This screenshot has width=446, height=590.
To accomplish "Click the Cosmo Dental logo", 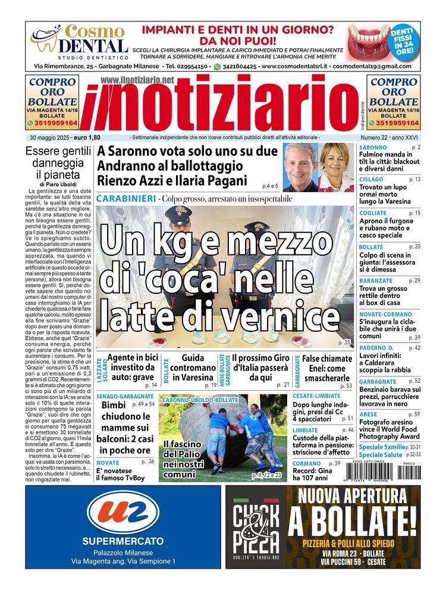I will coord(78,41).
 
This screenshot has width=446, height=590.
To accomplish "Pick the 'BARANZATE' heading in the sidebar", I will coord(376,280).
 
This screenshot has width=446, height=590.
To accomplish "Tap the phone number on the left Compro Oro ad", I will coord(55,123).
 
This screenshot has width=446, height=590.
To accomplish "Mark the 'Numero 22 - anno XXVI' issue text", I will coord(390,137).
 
